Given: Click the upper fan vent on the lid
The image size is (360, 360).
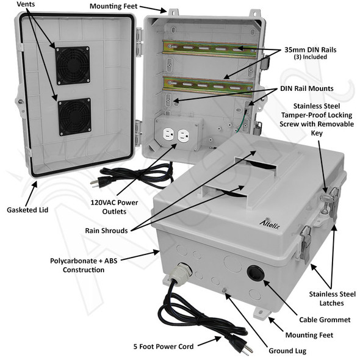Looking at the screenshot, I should click(x=72, y=65).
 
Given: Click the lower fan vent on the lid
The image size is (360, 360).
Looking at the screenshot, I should click(x=74, y=116).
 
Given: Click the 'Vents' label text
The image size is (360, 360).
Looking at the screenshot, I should click(x=26, y=5).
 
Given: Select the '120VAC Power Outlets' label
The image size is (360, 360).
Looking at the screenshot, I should click(x=116, y=207).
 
